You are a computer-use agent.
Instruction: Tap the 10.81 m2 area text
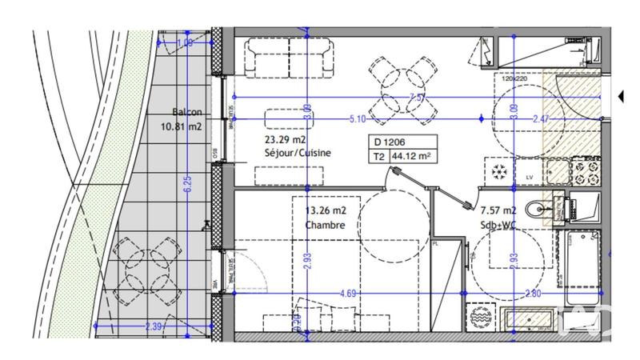182,126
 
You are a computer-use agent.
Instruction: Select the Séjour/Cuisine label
298,153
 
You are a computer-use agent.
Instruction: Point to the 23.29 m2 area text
286,139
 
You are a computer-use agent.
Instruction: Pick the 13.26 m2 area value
326,211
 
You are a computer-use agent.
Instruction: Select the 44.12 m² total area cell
414,157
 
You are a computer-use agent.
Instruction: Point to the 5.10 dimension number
358,119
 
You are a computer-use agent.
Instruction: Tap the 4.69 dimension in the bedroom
348,293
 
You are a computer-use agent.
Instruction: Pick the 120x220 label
516,79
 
